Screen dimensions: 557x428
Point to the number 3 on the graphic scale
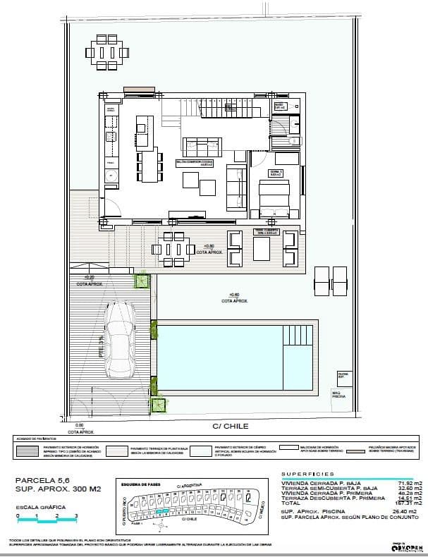(75, 517)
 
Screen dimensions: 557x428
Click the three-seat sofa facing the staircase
(203, 147)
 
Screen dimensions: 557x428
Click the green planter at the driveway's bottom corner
(159, 406)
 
